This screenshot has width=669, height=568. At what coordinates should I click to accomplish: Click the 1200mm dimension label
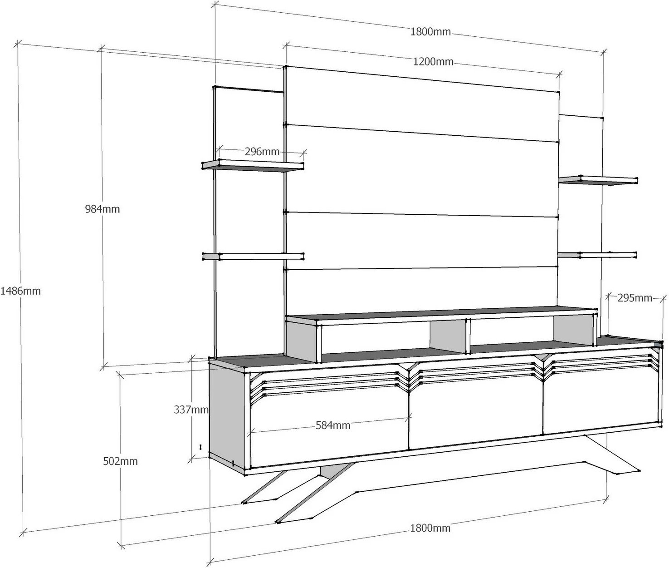point(433,62)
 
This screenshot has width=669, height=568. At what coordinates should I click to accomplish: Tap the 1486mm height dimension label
point(20,291)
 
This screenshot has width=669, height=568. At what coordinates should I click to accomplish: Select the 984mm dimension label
point(102,209)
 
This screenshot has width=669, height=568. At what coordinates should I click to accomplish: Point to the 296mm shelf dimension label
point(262,151)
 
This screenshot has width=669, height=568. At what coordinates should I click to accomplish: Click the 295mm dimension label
point(635,298)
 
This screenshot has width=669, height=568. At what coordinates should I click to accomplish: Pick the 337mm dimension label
point(191,410)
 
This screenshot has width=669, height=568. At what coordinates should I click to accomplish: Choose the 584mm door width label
point(333,425)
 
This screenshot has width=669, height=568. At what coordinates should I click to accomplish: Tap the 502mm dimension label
point(120,461)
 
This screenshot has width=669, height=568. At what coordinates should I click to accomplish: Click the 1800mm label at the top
point(430,32)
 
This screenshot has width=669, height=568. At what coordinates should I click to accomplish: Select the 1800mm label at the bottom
point(430,528)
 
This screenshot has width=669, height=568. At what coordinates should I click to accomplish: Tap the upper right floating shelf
point(598,181)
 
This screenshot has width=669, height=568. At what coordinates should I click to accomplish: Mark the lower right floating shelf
point(598,255)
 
